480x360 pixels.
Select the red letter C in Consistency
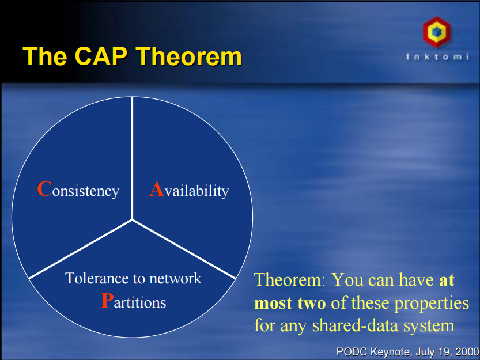44,190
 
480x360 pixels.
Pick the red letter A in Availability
157,190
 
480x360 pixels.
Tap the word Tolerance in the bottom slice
96,279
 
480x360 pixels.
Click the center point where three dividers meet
133,219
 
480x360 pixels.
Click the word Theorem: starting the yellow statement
290,281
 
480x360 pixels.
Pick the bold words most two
290,303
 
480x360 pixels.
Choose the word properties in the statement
432,303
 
